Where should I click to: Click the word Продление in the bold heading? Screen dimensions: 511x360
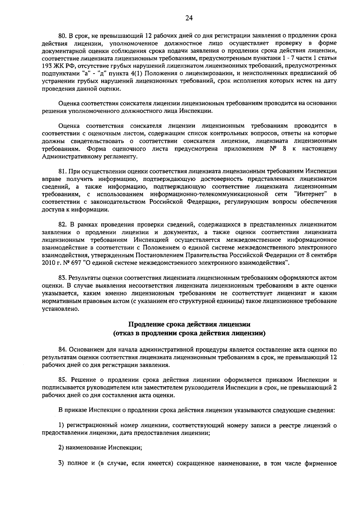147,325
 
